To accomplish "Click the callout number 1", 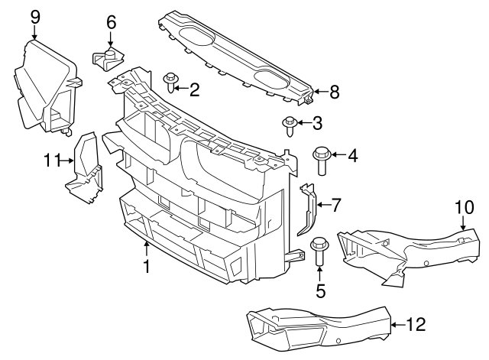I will click(x=147, y=267).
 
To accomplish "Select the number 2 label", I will click(x=194, y=91).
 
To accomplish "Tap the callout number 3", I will click(x=319, y=122).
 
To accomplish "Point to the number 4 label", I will click(x=352, y=157).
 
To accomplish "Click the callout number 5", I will click(x=320, y=290).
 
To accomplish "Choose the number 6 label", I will click(x=111, y=23).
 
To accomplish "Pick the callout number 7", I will click(x=336, y=204).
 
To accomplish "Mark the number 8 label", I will click(x=334, y=92).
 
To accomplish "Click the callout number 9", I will click(x=34, y=15).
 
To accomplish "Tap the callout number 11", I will click(x=51, y=160).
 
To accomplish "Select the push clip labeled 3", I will click(x=290, y=124).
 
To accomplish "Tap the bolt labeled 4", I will click(x=320, y=161).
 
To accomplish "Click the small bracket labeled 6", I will click(x=108, y=57).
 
